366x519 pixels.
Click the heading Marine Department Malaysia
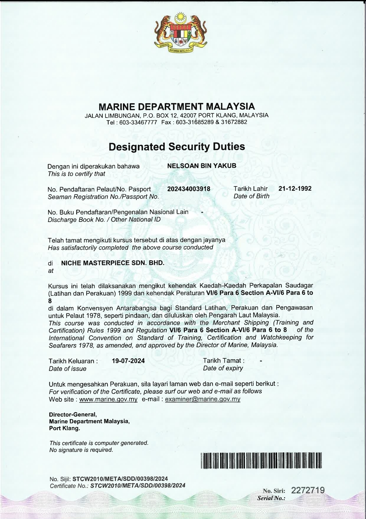177,107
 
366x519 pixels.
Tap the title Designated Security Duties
177,147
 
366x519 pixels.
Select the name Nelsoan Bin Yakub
202,166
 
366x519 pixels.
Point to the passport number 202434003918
189,189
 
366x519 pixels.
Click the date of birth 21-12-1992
295,188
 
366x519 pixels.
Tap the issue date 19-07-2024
128,361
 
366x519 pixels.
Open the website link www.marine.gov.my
108,400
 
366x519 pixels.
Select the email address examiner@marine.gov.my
203,400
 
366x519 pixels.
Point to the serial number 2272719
308,491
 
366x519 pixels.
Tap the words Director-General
73,415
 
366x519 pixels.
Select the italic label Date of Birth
251,196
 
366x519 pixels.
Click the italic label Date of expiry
223,368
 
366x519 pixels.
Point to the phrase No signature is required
81,450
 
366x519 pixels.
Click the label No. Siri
274,491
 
